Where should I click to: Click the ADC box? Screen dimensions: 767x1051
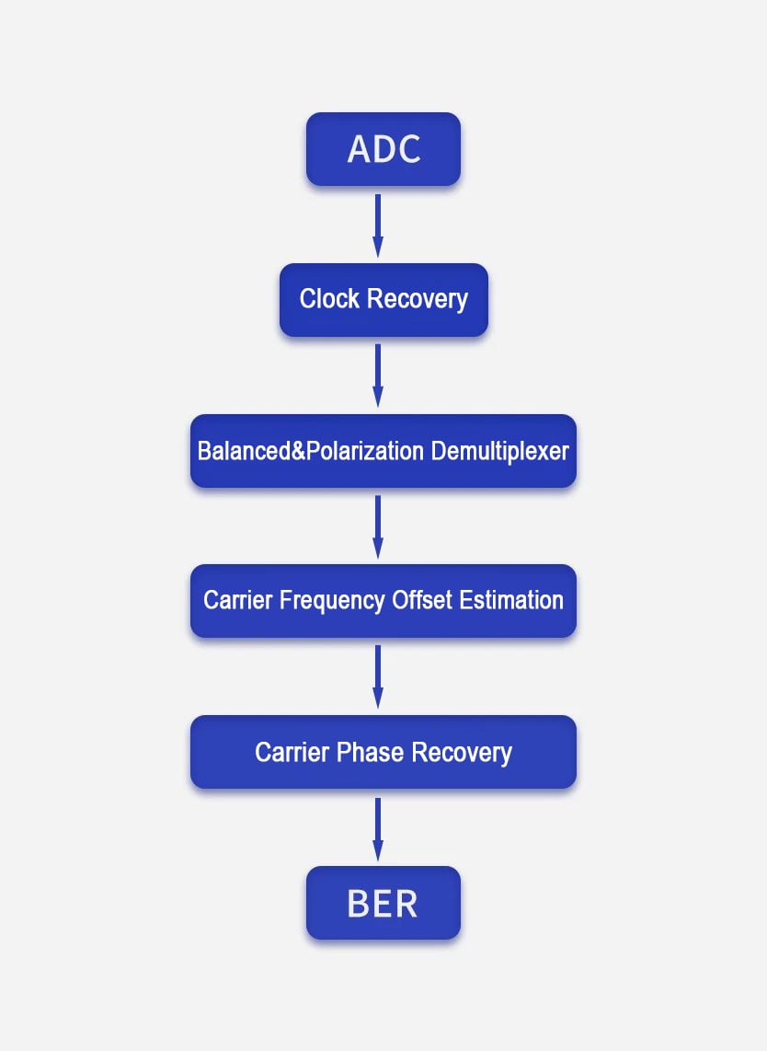pos(383,149)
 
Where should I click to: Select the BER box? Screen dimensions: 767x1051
pos(383,903)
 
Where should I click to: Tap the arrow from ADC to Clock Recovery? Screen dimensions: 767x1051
pos(378,225)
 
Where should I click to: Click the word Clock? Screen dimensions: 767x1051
pos(329,298)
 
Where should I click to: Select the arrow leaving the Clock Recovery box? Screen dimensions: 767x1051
pos(378,376)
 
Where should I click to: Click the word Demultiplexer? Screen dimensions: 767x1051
pos(499,451)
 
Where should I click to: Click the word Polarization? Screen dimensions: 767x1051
pos(365,451)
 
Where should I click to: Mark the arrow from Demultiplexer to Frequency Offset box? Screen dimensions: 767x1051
pos(378,526)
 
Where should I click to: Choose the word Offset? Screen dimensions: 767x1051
pos(422,600)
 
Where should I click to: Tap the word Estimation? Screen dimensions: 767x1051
pos(511,600)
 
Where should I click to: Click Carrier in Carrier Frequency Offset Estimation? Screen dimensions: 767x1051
pos(238,600)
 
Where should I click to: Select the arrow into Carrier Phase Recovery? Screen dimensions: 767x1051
pos(378,677)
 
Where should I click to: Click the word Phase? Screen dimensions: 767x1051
pos(371,752)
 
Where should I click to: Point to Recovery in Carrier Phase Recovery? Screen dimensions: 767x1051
pos(462,753)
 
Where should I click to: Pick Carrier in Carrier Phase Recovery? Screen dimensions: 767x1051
pos(292,752)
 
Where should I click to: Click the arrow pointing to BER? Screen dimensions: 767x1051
pos(378,829)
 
